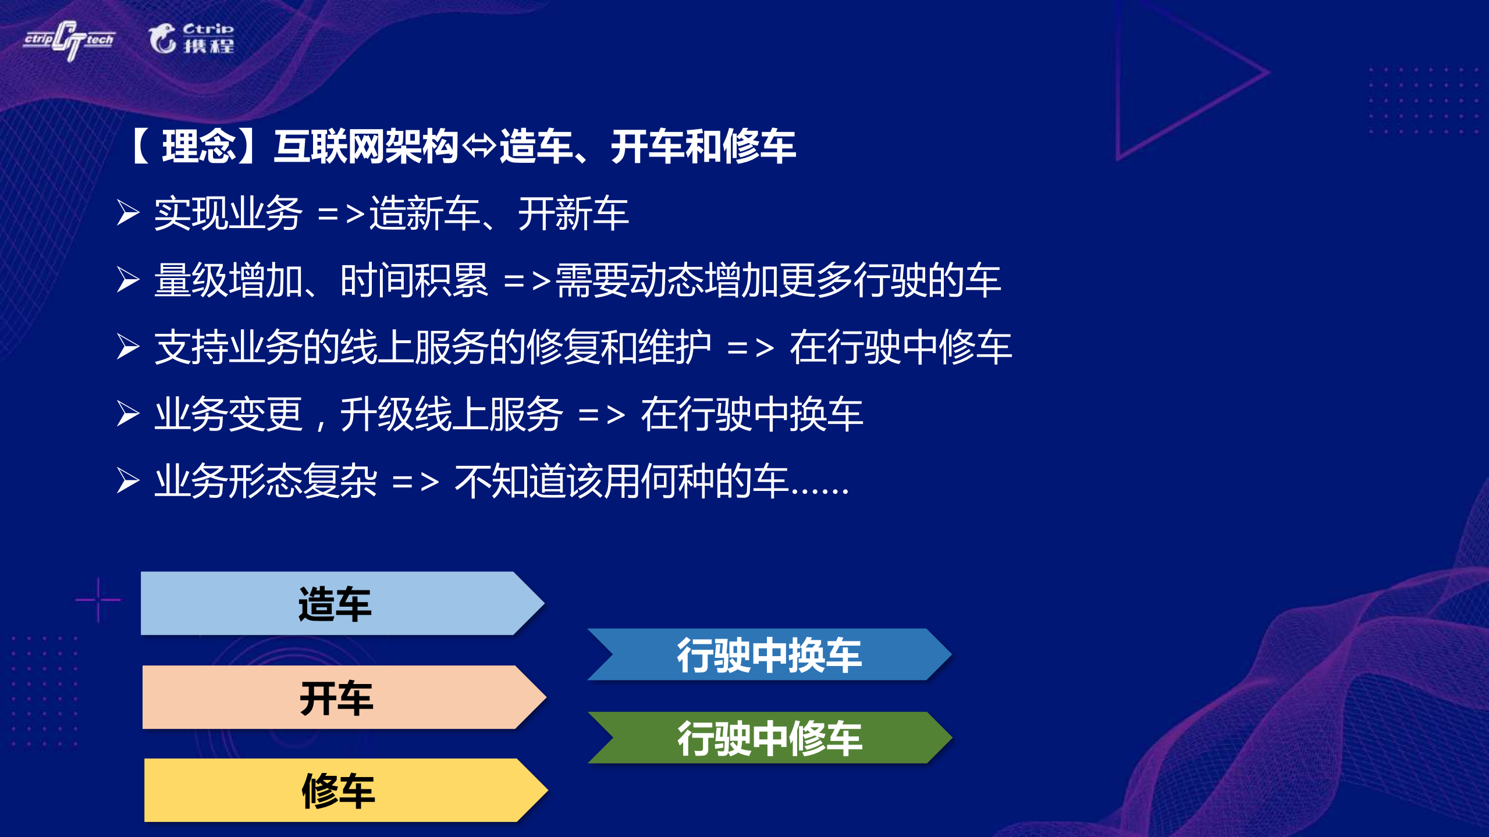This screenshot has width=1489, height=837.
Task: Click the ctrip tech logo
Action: point(69,40)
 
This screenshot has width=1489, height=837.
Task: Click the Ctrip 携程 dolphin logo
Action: point(191,38)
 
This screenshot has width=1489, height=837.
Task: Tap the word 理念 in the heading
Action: point(198,147)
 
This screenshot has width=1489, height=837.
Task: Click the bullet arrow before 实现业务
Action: point(128,213)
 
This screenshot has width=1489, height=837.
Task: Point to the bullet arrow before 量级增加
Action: point(128,280)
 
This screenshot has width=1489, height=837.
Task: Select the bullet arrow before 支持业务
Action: point(128,347)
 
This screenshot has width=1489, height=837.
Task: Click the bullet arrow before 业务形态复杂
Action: point(128,481)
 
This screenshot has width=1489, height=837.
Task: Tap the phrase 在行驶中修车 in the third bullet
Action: point(900,347)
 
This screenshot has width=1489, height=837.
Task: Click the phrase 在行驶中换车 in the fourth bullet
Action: point(752,414)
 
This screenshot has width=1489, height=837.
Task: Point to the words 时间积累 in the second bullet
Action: point(414,280)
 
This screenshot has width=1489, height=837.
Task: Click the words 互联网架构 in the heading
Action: point(366,147)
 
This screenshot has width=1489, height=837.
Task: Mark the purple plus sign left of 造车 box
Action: point(98,600)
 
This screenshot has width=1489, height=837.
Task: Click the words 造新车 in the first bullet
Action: point(424,213)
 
